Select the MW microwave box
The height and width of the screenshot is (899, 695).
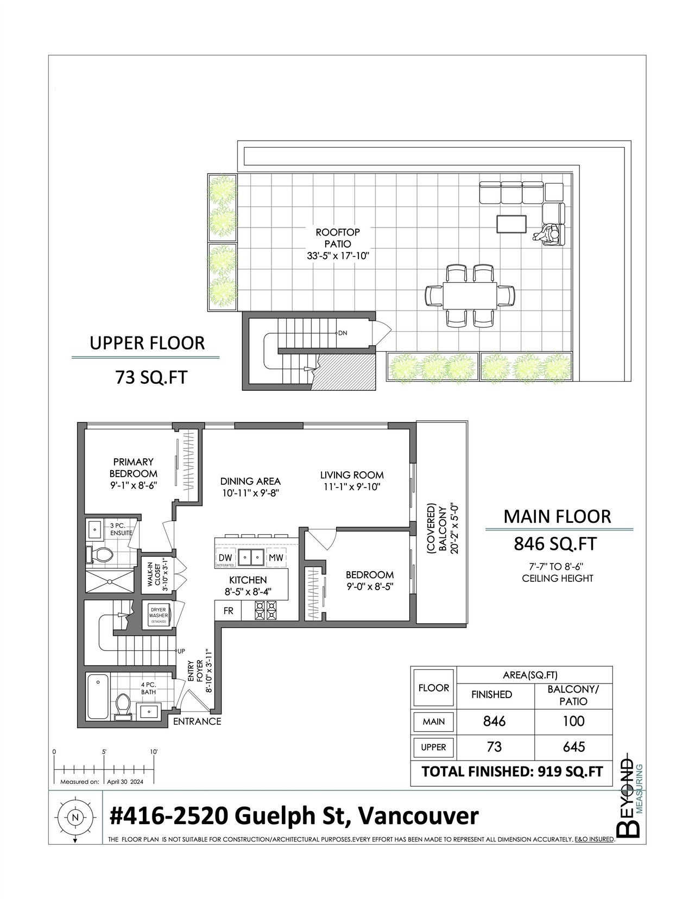pyautogui.click(x=276, y=558)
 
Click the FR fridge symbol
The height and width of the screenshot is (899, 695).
pyautogui.click(x=229, y=611)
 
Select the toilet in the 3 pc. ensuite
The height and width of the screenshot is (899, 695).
pyautogui.click(x=100, y=555)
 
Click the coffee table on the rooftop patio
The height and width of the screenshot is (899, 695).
pyautogui.click(x=511, y=224)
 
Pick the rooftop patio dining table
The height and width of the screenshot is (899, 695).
pyautogui.click(x=470, y=295)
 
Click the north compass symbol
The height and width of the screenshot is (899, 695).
pyautogui.click(x=75, y=817)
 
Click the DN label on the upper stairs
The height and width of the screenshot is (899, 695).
pyautogui.click(x=343, y=333)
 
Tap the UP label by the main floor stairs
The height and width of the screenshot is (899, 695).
pyautogui.click(x=181, y=651)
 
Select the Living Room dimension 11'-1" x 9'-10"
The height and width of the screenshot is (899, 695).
pyautogui.click(x=352, y=487)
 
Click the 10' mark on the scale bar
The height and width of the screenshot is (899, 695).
pyautogui.click(x=154, y=752)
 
